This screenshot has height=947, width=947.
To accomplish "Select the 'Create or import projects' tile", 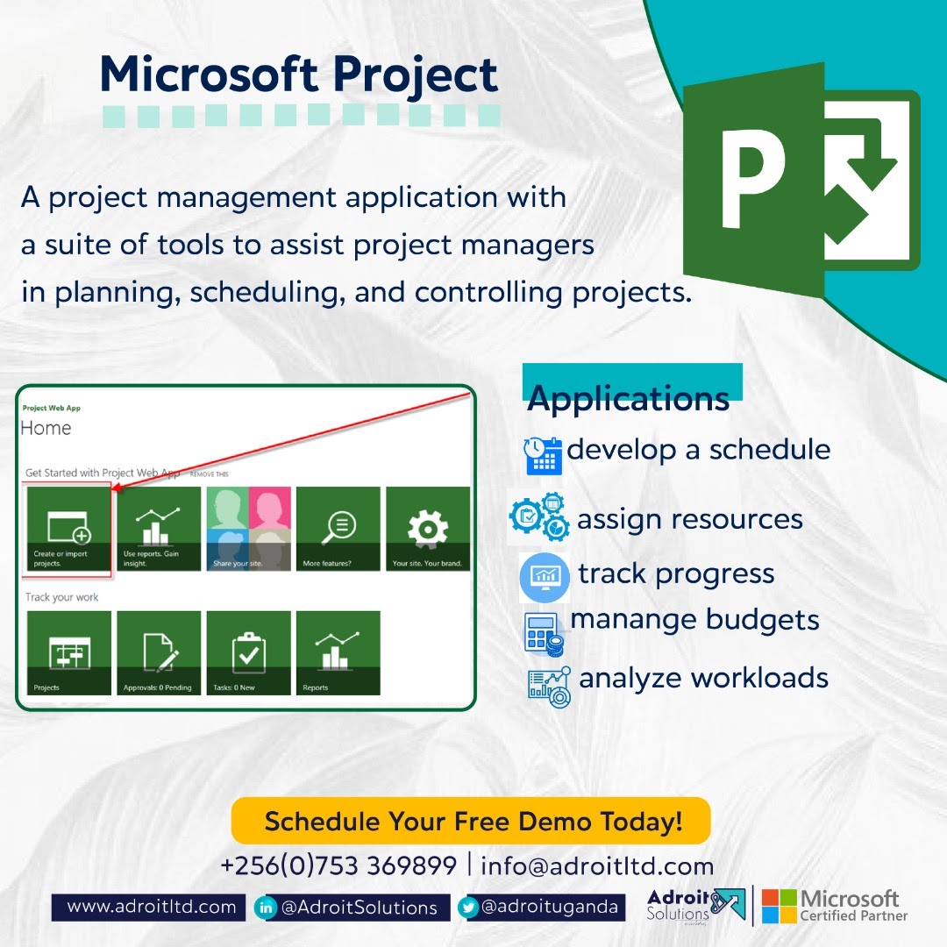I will point(68,529).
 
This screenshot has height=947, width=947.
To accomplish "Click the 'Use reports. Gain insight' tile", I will point(159,529).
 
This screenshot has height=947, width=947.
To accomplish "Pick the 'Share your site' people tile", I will point(248,529).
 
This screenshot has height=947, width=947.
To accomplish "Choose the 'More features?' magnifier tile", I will point(338,529).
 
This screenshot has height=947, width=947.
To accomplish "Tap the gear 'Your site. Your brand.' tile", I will point(428,529).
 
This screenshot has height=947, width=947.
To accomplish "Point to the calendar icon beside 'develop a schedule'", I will point(543,455).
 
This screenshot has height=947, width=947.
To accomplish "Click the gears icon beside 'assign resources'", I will point(538,517).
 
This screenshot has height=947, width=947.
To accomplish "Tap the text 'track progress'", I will point(676,573).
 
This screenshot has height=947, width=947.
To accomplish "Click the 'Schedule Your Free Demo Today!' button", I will point(471,822).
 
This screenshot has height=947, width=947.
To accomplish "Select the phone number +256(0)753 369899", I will point(338,866).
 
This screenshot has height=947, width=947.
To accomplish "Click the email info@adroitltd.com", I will point(597,866).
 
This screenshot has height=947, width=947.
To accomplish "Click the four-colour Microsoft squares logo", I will point(779,906).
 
